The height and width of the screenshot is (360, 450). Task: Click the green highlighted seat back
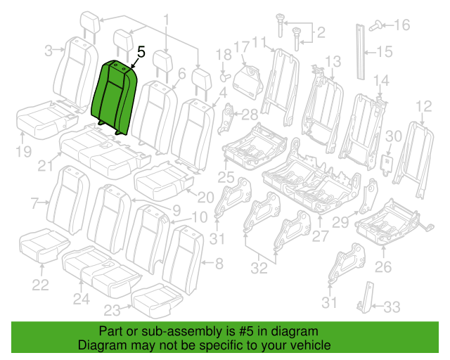(x=113, y=97)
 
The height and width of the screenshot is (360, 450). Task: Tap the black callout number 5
(x=141, y=52)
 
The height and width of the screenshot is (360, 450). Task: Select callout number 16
(x=402, y=25)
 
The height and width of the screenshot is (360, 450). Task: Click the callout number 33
(x=392, y=307)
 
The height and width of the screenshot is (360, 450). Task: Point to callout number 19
(x=23, y=151)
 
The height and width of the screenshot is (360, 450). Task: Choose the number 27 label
(x=320, y=236)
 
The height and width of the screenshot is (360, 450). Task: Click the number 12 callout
(x=423, y=106)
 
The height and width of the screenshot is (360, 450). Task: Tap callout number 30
(x=394, y=136)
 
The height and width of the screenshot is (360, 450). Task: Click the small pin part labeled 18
(x=226, y=77)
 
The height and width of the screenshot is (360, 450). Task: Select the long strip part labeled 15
(x=361, y=51)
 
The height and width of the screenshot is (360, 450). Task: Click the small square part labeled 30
(x=387, y=164)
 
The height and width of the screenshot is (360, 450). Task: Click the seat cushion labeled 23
(x=156, y=300)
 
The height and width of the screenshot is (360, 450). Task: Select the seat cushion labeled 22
(x=44, y=245)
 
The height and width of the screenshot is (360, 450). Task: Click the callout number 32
(x=259, y=268)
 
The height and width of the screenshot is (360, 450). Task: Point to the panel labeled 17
(x=247, y=82)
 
